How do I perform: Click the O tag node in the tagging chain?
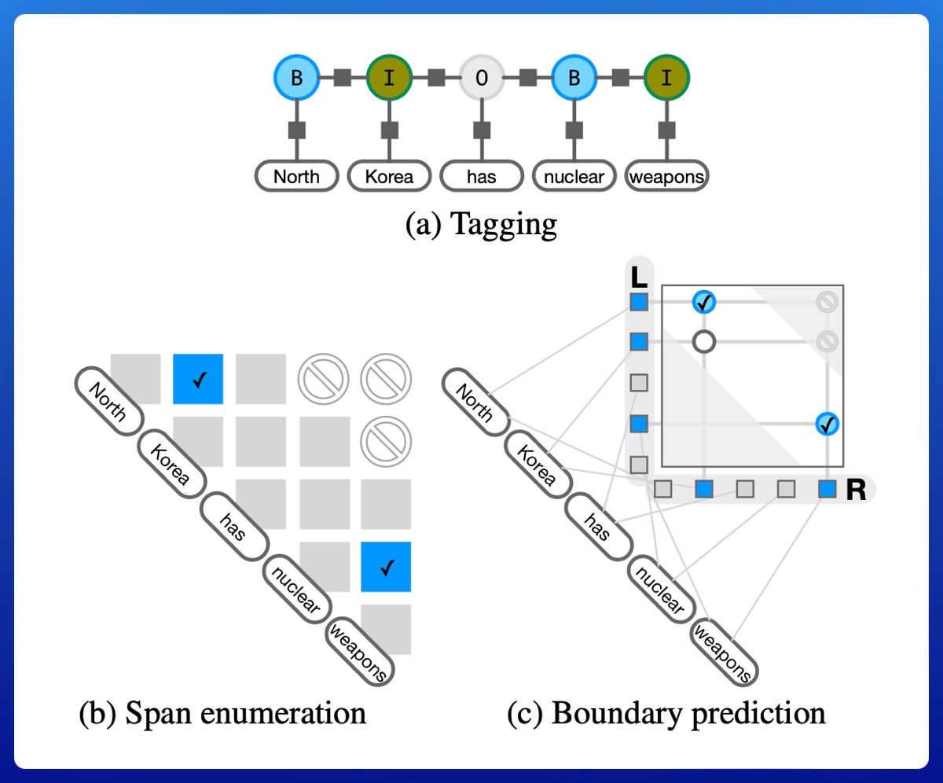tap(482, 78)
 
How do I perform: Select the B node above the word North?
tap(296, 78)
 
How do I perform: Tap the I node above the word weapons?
tap(667, 78)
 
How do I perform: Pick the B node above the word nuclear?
tap(574, 78)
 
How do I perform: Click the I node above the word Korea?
tap(389, 78)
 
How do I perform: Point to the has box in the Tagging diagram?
tap(482, 176)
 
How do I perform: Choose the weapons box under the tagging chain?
tap(667, 176)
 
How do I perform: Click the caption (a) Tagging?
tap(481, 225)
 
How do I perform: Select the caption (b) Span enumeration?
tap(222, 713)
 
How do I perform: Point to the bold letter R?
tap(856, 490)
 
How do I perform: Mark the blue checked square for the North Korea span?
tap(198, 380)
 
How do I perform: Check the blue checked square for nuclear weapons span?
tap(386, 567)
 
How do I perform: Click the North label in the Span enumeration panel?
tap(108, 402)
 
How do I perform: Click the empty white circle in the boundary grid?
tap(704, 341)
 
